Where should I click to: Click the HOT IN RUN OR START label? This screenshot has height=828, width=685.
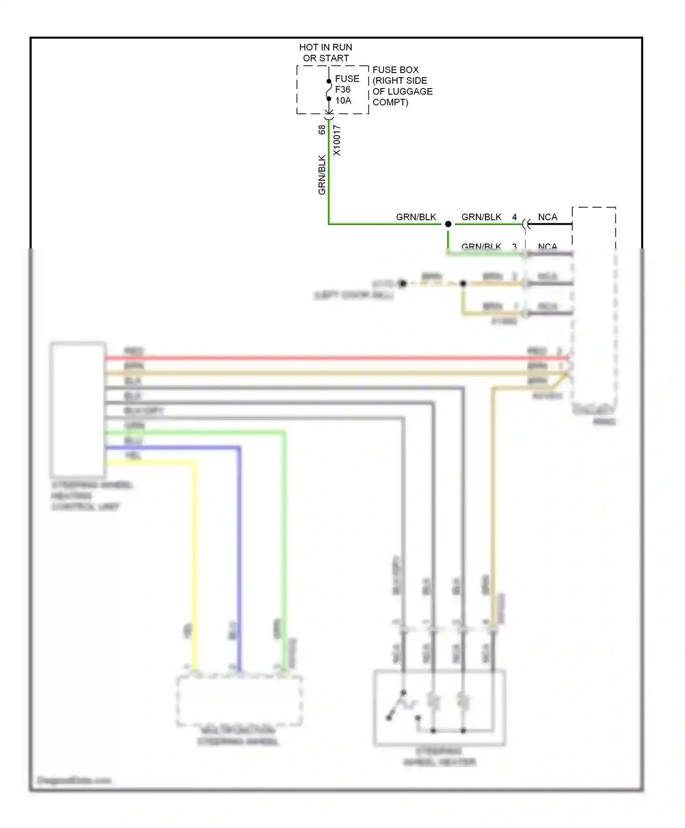click(x=325, y=52)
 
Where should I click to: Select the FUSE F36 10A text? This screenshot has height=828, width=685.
click(x=347, y=89)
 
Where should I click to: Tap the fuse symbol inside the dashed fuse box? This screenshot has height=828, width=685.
click(x=328, y=90)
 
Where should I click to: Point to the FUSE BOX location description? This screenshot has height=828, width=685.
click(x=402, y=86)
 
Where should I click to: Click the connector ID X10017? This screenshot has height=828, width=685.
click(x=337, y=140)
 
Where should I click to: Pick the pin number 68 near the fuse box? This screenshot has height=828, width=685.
click(x=322, y=130)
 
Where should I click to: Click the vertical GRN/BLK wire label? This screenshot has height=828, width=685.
click(x=322, y=175)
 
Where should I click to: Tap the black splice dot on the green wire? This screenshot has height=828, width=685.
click(x=448, y=224)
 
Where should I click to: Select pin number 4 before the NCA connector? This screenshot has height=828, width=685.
click(x=514, y=217)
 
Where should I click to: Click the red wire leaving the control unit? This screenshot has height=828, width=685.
click(x=320, y=358)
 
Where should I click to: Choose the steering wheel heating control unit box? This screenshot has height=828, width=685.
click(x=78, y=409)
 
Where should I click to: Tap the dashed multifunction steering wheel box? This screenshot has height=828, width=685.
click(x=239, y=701)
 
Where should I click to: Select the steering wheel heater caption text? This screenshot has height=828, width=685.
click(x=439, y=756)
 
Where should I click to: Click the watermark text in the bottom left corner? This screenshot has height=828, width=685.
click(x=74, y=781)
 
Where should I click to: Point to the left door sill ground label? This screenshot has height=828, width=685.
click(x=354, y=295)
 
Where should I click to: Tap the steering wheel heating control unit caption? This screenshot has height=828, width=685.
click(x=91, y=496)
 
